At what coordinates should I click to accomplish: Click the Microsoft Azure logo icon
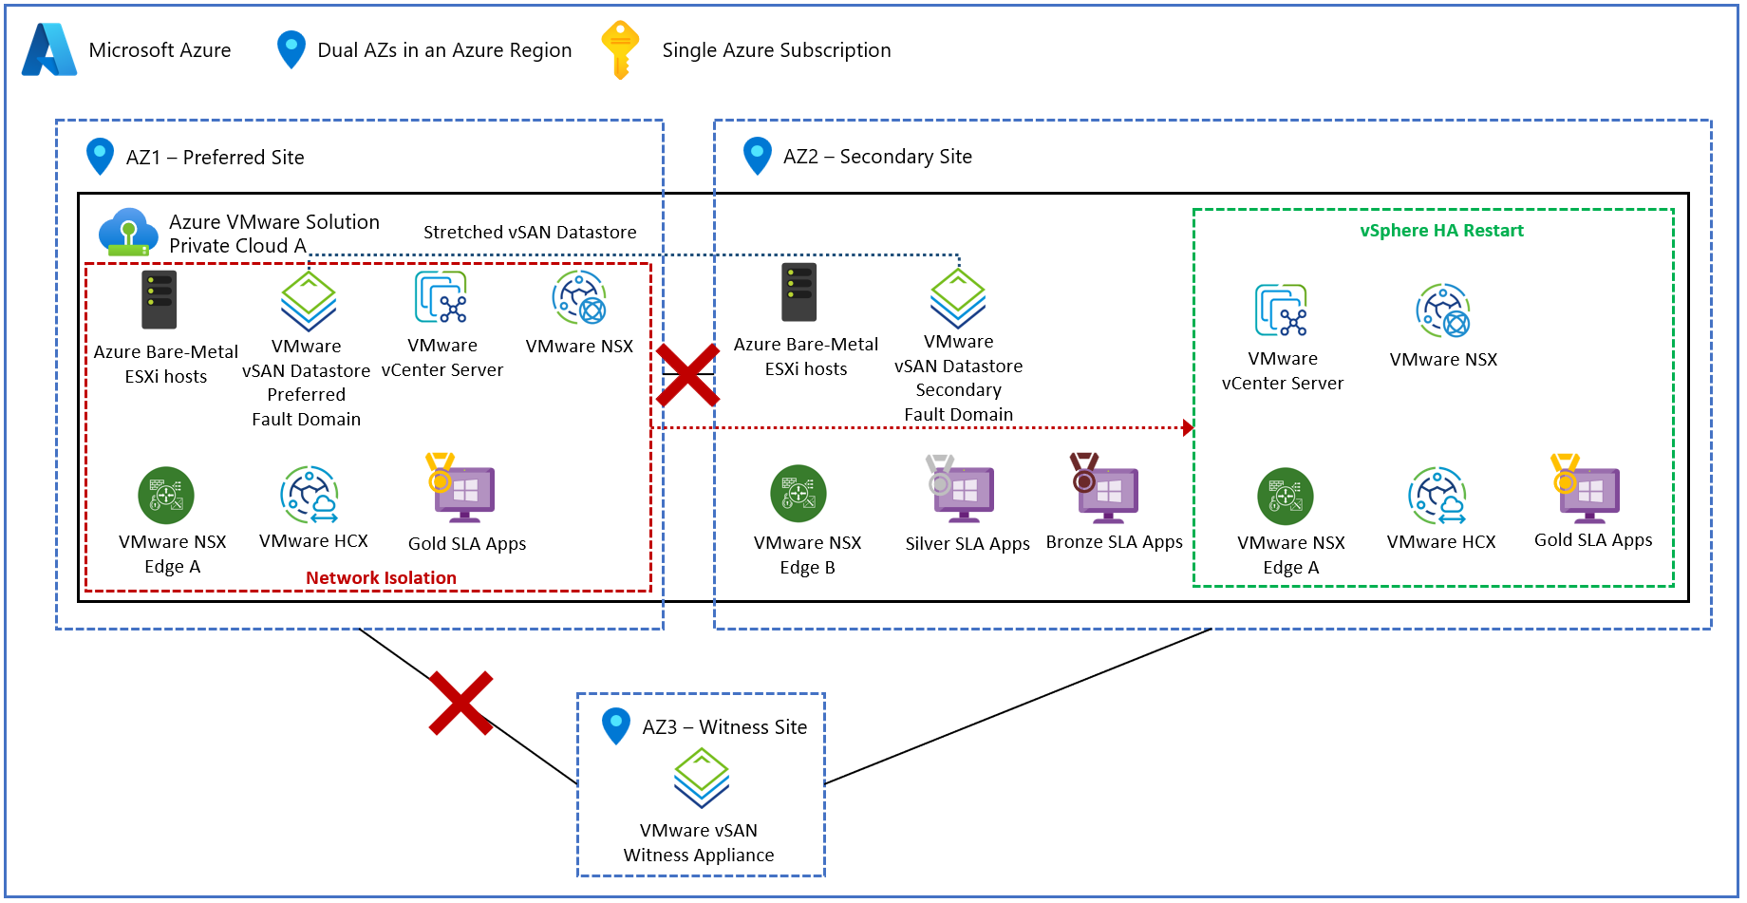point(49,49)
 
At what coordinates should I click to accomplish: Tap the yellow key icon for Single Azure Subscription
point(620,49)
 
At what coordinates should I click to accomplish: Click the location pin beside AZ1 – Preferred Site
point(100,157)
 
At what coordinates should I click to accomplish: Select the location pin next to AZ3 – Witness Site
point(616,726)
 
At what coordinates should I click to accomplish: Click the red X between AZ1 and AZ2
point(687,375)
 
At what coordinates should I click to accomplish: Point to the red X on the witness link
point(460,704)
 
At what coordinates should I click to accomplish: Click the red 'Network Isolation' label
point(381,577)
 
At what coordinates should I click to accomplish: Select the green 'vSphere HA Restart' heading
point(1441,231)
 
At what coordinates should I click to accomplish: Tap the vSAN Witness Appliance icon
point(702,778)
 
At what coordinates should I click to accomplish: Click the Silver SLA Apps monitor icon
point(961,490)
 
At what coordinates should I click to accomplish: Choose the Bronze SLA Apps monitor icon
point(1106,490)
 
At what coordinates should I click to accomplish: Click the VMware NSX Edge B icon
point(798,494)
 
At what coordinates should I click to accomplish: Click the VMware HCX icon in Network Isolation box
point(310,494)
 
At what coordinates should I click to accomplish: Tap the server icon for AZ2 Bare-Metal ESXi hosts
point(799,292)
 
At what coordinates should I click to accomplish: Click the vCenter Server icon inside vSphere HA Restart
point(1281,310)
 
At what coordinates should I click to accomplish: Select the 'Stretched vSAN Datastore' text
point(530,233)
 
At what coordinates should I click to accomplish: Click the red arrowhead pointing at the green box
point(1188,427)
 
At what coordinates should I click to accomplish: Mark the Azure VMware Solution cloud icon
point(128,232)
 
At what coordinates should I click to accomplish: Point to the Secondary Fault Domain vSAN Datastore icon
point(958,298)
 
